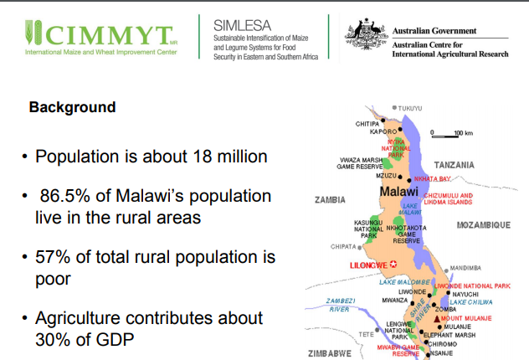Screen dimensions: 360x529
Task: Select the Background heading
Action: (x=72, y=108)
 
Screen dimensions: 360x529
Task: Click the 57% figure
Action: (x=57, y=257)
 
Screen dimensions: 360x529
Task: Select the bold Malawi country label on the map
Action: (x=400, y=193)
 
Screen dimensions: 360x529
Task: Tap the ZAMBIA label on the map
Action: (x=330, y=200)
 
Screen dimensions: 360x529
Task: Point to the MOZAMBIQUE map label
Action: (x=483, y=225)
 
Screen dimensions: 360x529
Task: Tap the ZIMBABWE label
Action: (x=329, y=352)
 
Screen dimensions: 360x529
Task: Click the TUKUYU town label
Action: (x=409, y=108)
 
